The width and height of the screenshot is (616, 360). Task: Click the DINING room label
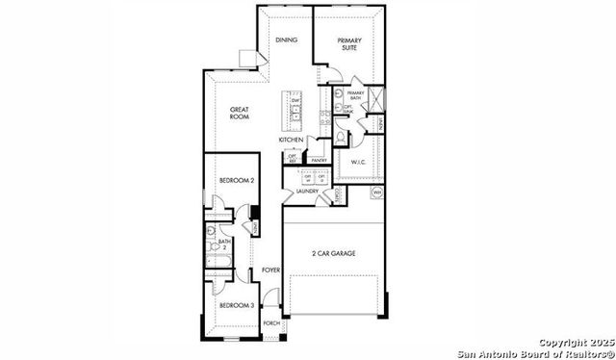pyautogui.click(x=286, y=40)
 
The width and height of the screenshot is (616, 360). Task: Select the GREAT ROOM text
pyautogui.click(x=241, y=114)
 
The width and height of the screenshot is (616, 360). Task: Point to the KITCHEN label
pyautogui.click(x=292, y=141)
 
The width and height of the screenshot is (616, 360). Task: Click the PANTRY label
pyautogui.click(x=319, y=161)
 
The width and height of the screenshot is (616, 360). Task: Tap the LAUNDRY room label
pyautogui.click(x=308, y=192)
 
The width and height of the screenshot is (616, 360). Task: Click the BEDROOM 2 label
pyautogui.click(x=237, y=181)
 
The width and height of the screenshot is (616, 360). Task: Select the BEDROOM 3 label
pyautogui.click(x=236, y=305)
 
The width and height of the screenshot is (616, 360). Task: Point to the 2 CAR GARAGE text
pyautogui.click(x=333, y=253)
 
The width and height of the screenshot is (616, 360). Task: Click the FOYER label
pyautogui.click(x=271, y=270)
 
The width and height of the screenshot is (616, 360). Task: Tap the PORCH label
pyautogui.click(x=271, y=323)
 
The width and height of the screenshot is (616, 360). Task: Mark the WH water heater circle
pyautogui.click(x=377, y=193)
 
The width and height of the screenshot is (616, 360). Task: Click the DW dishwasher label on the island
pyautogui.click(x=295, y=101)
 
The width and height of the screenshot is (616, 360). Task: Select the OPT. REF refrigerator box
pyautogui.click(x=291, y=158)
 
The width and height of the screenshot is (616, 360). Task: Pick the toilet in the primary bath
pyautogui.click(x=339, y=109)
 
